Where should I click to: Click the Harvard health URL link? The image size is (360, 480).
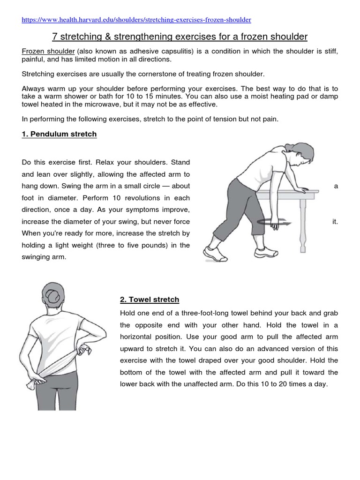[x=136, y=20]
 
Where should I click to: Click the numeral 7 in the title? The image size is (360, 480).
[x=52, y=37]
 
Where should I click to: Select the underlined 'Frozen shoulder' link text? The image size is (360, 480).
[x=48, y=51]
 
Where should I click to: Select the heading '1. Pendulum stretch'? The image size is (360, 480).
[x=59, y=134]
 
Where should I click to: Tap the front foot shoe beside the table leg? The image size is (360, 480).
[x=266, y=253]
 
